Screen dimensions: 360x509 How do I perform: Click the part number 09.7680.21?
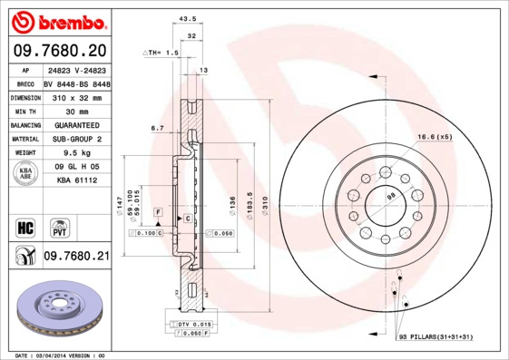76,257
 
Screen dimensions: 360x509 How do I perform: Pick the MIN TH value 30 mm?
76,111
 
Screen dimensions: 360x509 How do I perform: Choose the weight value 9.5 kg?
76,153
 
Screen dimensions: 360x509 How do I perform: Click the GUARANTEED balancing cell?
76,125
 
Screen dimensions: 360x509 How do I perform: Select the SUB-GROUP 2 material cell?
76,139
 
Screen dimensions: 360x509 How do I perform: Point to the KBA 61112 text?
76,181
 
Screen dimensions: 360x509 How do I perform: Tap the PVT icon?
59,227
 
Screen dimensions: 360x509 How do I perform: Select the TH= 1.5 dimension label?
162,53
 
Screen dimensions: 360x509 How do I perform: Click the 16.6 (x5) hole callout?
434,136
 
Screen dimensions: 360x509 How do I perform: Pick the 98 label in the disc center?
392,196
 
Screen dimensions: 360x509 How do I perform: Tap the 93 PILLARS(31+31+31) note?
436,337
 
